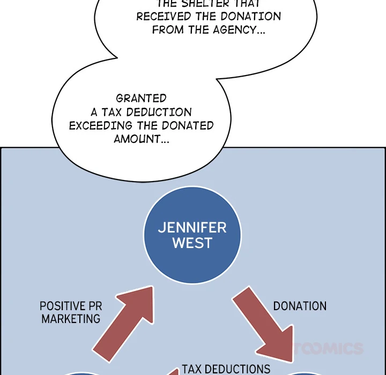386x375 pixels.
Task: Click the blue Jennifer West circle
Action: click(192, 236)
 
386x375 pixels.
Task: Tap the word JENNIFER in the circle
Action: click(192, 227)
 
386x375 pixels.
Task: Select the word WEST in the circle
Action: click(192, 243)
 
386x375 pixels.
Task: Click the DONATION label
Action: click(300, 306)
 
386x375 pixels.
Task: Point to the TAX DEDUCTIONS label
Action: click(226, 369)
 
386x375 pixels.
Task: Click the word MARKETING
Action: click(71, 319)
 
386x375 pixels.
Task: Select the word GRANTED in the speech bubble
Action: click(141, 99)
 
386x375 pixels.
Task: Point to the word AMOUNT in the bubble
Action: click(139, 139)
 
